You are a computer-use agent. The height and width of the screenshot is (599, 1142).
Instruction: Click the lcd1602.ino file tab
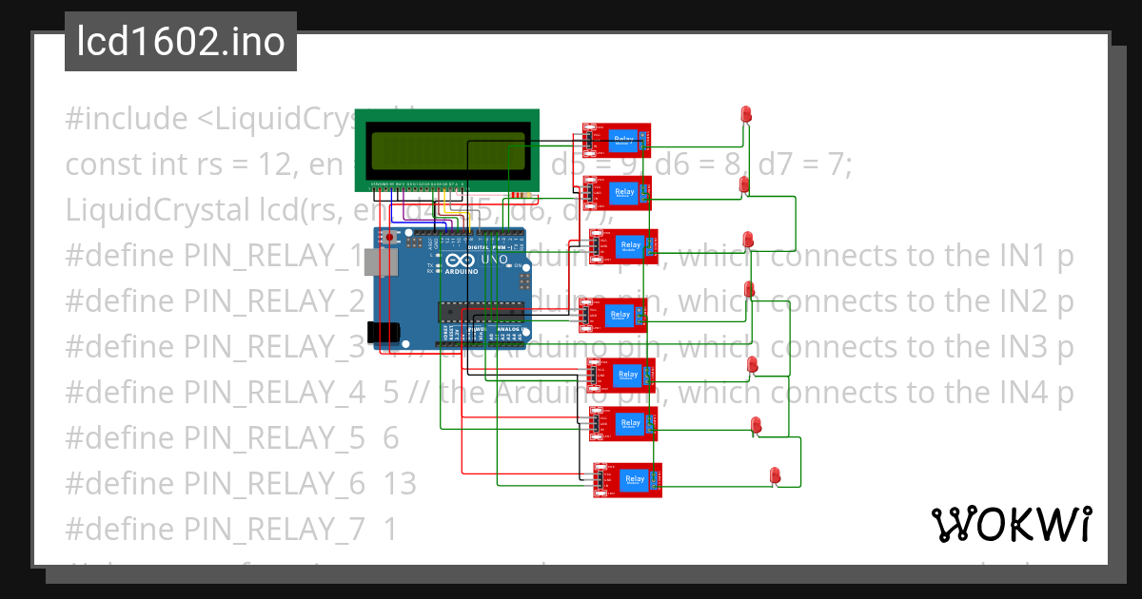click(x=181, y=42)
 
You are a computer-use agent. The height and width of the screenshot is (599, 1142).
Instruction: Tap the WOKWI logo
click(x=1010, y=524)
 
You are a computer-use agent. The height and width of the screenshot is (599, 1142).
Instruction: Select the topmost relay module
click(x=617, y=140)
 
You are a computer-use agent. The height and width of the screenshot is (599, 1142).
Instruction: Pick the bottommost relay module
click(x=628, y=480)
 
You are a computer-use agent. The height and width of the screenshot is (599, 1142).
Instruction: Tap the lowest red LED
click(x=775, y=474)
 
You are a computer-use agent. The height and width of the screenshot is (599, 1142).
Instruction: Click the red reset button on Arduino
click(x=388, y=236)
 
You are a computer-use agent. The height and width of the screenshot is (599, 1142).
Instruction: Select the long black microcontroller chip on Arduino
click(x=481, y=310)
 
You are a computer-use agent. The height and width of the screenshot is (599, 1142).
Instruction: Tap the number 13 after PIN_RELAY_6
click(x=400, y=484)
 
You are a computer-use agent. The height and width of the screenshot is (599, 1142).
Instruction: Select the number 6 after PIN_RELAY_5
click(x=391, y=438)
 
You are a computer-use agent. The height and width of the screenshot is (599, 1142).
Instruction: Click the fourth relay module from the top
click(x=614, y=315)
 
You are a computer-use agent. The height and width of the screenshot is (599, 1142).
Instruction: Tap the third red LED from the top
click(x=748, y=238)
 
